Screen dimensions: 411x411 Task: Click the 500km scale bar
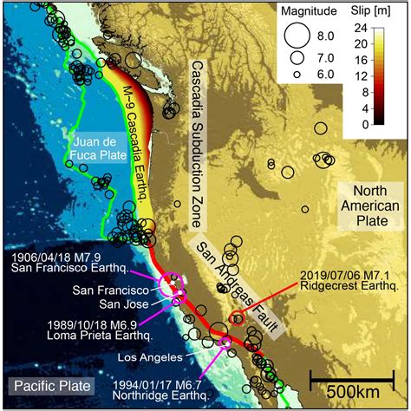(x=350, y=377)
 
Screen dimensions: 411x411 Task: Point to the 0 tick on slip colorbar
(x=382, y=124)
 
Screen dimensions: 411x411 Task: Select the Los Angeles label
(x=157, y=356)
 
